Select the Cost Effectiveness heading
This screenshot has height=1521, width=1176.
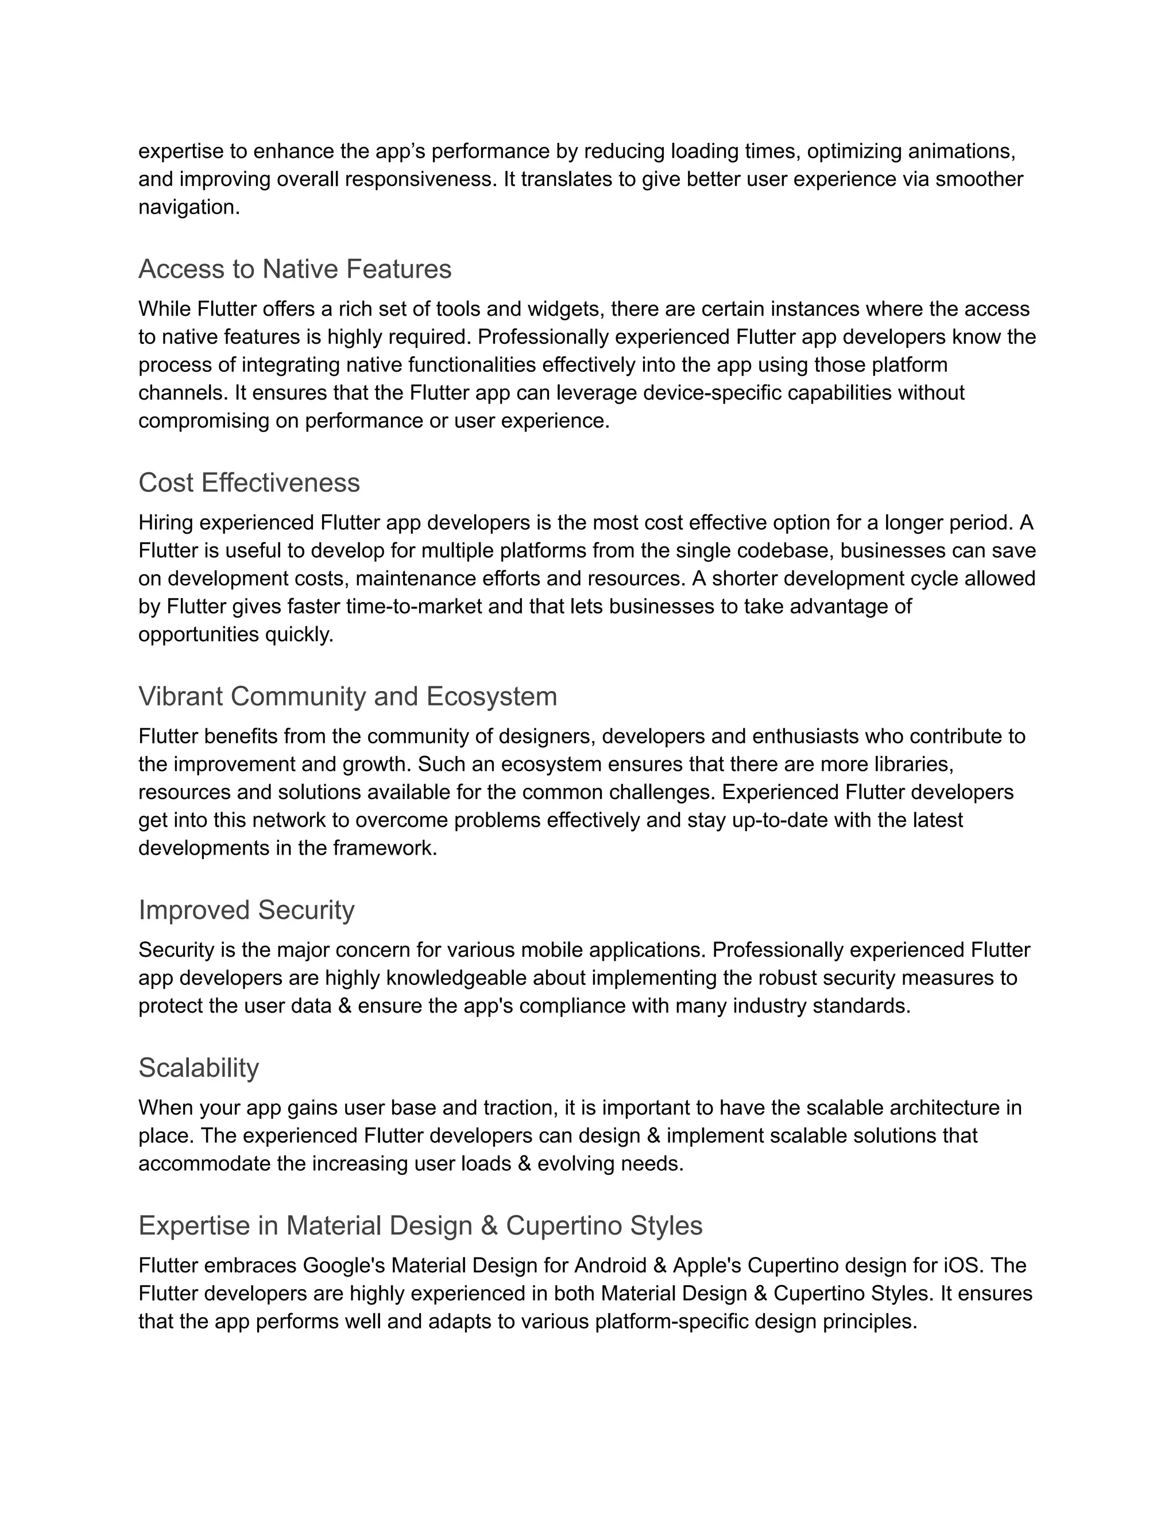pyautogui.click(x=249, y=483)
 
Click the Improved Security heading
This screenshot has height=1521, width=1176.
pyautogui.click(x=246, y=911)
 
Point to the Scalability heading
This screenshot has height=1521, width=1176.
pyautogui.click(x=199, y=1068)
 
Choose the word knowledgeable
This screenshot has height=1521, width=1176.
pyautogui.click(x=457, y=979)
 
